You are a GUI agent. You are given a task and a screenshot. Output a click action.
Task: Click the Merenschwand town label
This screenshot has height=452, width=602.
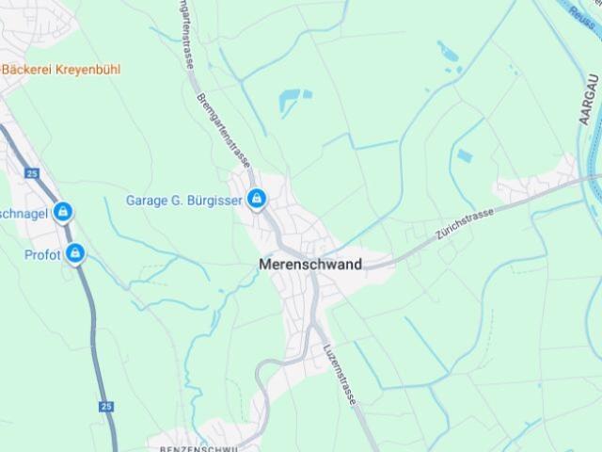[310, 265]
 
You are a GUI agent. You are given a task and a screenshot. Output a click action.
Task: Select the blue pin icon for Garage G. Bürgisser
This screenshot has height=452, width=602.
[255, 199]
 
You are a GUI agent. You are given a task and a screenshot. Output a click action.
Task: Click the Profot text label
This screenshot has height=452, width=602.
[42, 254]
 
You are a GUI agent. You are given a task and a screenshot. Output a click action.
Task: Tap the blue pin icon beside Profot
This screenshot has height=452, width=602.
[75, 253]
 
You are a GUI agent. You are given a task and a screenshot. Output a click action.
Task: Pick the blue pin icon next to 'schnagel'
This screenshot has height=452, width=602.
[63, 212]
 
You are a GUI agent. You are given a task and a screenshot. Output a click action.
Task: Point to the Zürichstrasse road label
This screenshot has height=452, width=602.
[465, 226]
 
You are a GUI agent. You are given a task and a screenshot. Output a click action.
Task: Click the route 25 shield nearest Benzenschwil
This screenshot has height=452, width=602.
[104, 407]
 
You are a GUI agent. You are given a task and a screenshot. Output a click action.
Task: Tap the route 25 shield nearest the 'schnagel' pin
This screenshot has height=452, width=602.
[33, 173]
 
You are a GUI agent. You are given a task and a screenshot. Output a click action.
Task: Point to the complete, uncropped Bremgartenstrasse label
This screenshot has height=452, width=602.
[226, 130]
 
